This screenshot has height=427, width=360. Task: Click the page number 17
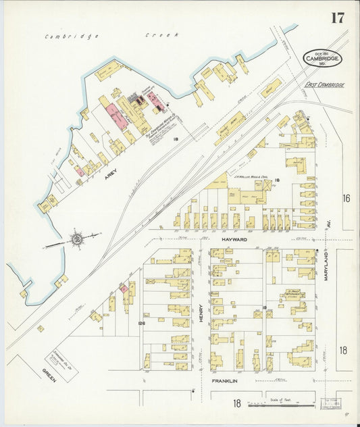pyautogui.click(x=337, y=18)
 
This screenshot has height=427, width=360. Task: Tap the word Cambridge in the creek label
pyautogui.click(x=72, y=36)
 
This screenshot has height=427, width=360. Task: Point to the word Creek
pyautogui.click(x=162, y=34)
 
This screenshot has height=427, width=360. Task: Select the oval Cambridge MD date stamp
pyautogui.click(x=322, y=58)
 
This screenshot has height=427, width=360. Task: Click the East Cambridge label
pyautogui.click(x=324, y=85)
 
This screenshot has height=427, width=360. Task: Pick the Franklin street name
pyautogui.click(x=225, y=381)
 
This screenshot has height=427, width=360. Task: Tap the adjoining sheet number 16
pyautogui.click(x=345, y=198)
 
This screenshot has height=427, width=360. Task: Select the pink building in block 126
pyautogui.click(x=124, y=289)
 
